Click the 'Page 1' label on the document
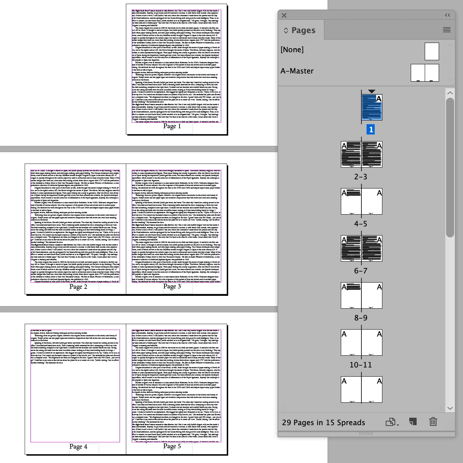point(172,126)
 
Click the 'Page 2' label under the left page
point(78,287)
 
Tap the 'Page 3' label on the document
point(172,287)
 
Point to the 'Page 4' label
point(78,447)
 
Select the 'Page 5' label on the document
point(172,446)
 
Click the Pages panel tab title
point(303,30)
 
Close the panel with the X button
point(284,15)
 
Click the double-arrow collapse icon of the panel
point(447,15)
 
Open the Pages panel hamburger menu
point(447,30)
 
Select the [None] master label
point(292,50)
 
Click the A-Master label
point(297,71)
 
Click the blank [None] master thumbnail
point(432,51)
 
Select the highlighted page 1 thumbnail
point(372,107)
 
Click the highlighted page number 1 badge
point(371,129)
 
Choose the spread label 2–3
point(361,177)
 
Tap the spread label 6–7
point(361,271)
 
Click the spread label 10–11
point(361,365)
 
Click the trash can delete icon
point(433,422)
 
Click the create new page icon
point(413,422)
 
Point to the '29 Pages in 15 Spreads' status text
point(324,423)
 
